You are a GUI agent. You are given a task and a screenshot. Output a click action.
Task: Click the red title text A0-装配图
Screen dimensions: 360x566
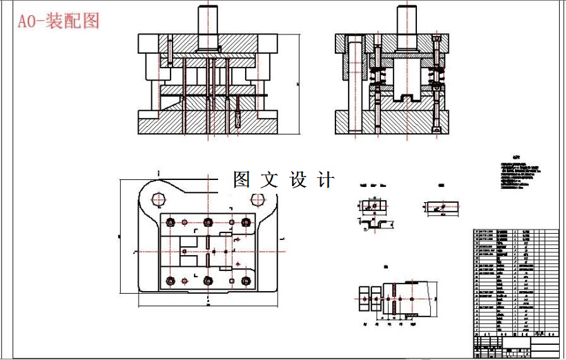pos(59,21)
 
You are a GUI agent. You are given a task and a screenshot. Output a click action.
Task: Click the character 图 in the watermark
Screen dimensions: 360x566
pos(242,180)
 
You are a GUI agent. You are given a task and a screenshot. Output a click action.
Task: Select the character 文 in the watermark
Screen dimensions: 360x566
pos(270,180)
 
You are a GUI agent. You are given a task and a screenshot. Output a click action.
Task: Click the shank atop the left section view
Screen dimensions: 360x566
pos(208,28)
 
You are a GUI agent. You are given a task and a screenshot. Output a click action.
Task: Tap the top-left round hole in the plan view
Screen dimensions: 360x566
pos(158,200)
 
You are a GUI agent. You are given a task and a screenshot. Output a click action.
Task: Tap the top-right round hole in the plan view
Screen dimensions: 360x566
pos(257,200)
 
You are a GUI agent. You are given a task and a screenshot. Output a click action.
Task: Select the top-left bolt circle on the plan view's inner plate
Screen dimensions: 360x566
pos(170,222)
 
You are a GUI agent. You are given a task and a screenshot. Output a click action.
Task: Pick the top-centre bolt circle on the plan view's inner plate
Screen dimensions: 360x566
pos(207,222)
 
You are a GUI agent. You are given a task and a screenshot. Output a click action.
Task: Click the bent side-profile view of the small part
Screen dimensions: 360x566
pos(375,223)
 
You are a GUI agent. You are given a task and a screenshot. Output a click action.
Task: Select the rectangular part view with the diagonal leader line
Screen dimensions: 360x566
pos(440,207)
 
